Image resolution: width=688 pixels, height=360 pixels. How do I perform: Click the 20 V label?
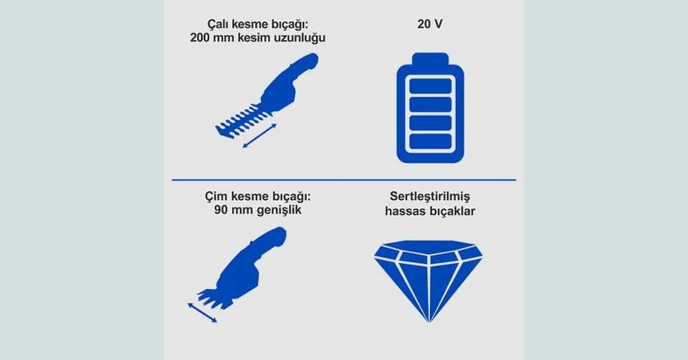[430, 24]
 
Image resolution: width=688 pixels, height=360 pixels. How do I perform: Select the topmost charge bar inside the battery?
[430, 86]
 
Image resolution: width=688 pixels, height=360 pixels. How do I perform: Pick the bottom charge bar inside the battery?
[430, 141]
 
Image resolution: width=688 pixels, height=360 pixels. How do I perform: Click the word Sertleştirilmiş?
[430, 196]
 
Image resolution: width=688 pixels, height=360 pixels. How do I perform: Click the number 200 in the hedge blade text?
[201, 38]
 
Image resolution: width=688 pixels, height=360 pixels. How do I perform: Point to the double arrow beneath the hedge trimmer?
[258, 136]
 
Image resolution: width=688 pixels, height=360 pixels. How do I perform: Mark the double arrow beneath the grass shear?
[202, 312]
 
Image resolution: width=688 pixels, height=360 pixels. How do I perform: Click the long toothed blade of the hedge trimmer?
[240, 120]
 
